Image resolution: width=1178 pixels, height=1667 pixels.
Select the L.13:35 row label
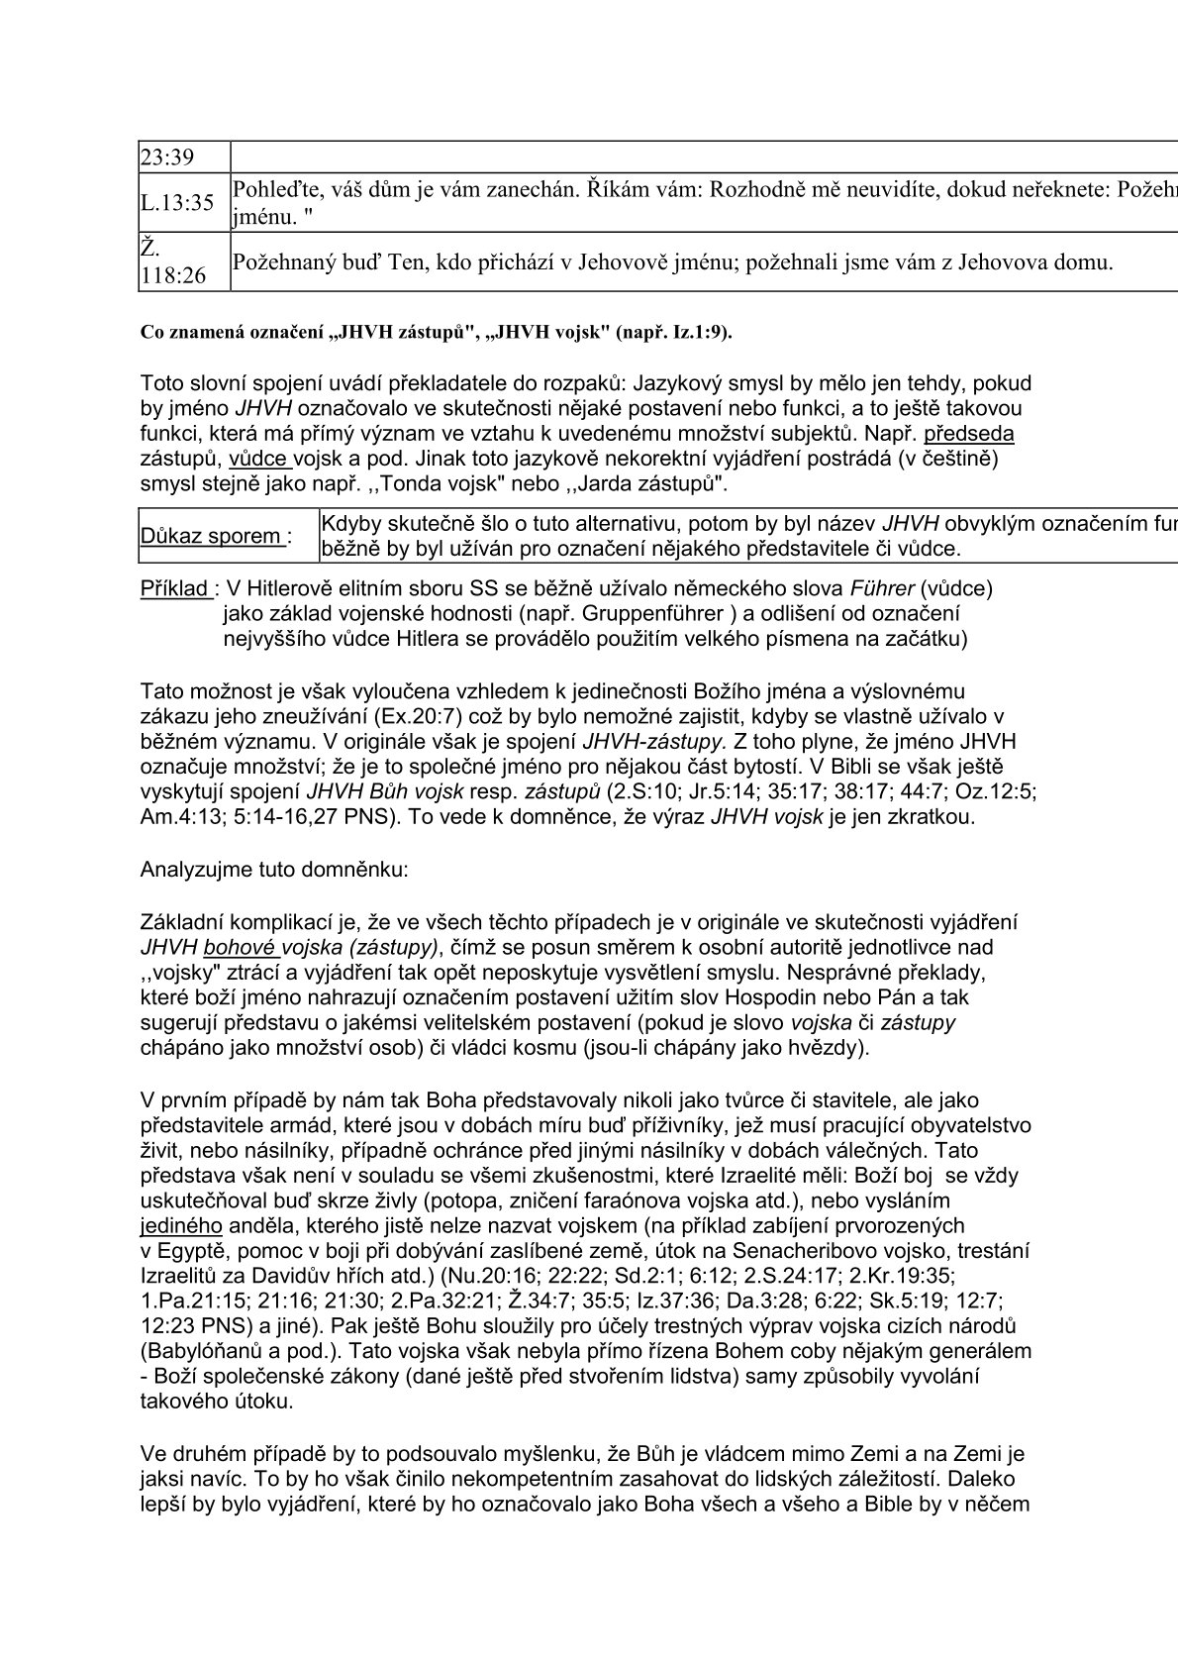177,203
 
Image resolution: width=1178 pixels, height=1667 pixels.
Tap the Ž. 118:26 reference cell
173,262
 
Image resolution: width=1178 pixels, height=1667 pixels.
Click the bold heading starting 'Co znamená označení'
437,333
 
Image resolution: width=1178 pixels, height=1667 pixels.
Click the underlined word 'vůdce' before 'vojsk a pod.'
258,460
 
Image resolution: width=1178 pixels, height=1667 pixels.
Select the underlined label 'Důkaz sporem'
212,536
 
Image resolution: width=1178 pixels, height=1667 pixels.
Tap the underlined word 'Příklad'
175,588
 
